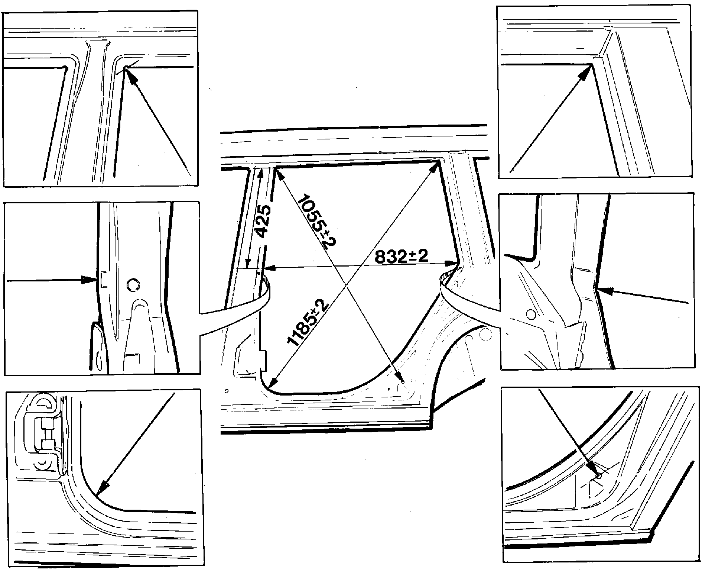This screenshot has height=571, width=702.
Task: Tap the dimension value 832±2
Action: tap(402, 257)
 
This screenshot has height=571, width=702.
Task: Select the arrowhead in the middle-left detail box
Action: tap(90, 280)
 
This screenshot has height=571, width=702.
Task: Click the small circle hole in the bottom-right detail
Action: tap(598, 475)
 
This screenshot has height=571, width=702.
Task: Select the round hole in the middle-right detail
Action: tap(531, 314)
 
